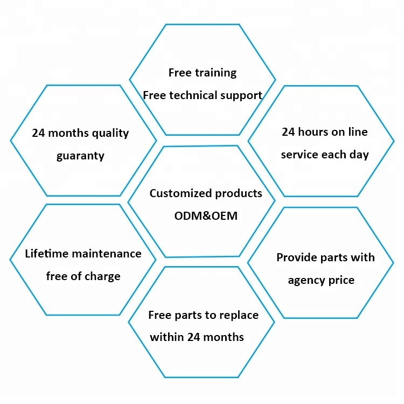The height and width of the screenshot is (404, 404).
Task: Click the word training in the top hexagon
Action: [216, 73]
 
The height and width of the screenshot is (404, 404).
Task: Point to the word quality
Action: [110, 134]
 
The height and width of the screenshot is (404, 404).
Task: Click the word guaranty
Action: [80, 156]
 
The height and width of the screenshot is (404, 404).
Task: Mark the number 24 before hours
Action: [288, 132]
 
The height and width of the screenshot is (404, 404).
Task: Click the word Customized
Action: [180, 193]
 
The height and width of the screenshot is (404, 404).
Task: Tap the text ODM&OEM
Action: [206, 216]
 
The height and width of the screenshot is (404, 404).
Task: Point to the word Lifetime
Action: [47, 254]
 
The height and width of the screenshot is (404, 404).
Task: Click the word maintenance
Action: [107, 254]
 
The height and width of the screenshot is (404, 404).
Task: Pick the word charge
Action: [102, 277]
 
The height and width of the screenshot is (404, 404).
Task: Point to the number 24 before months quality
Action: [38, 133]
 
